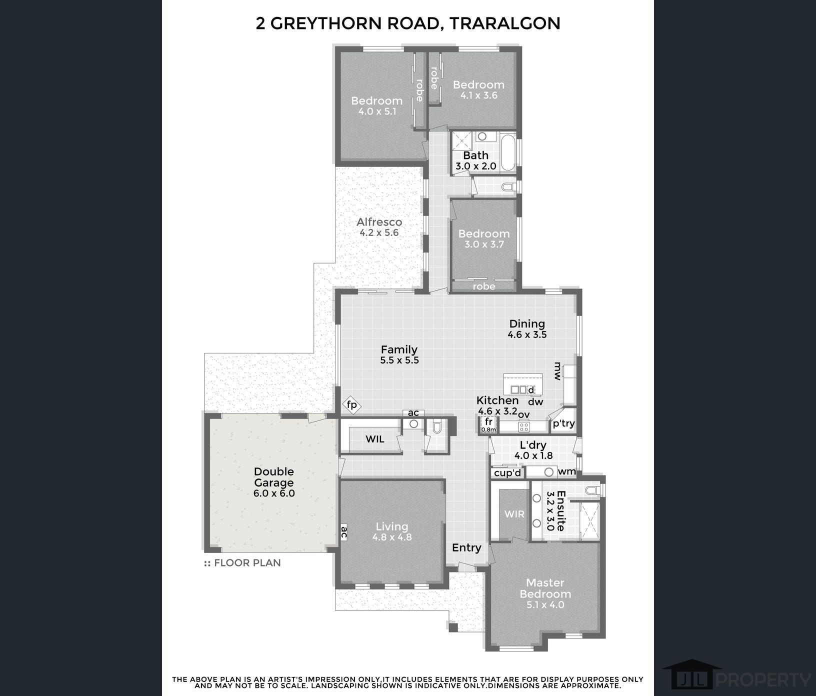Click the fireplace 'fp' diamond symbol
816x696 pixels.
click(352, 404)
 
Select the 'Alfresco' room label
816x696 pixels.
click(379, 222)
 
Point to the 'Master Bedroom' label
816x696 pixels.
click(545, 588)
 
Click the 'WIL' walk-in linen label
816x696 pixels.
click(375, 439)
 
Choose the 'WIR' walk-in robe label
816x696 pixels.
click(514, 514)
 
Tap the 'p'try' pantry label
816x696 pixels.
click(563, 423)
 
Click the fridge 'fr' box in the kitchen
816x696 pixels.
click(488, 424)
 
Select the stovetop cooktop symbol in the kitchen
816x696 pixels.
click(524, 426)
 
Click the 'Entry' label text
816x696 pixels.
click(466, 547)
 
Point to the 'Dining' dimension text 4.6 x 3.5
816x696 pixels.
click(527, 335)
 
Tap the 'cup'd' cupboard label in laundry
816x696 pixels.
click(507, 473)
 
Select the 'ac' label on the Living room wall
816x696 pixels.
click(344, 532)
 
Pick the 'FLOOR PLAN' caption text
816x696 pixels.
click(247, 563)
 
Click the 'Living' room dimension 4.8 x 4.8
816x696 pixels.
click(392, 537)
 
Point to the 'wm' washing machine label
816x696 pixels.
click(567, 471)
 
